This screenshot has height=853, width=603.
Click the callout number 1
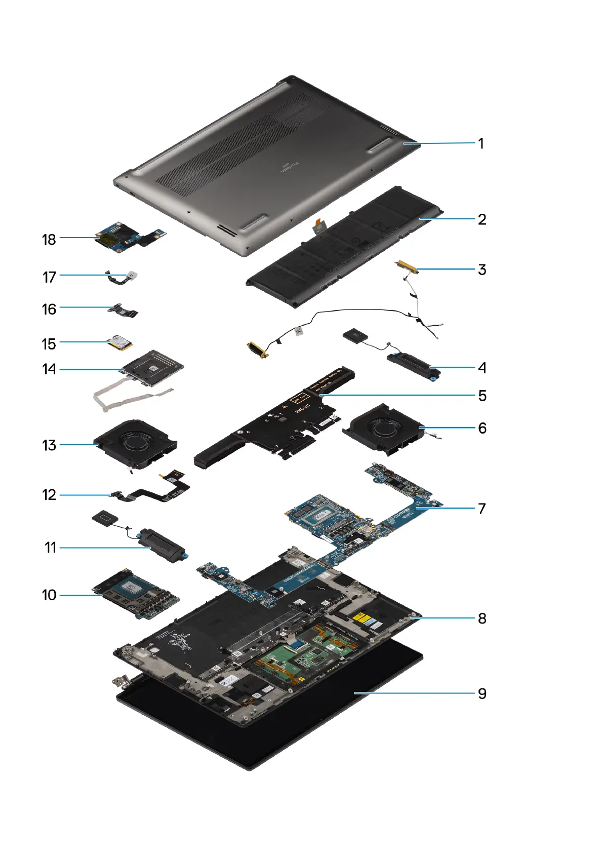pos(481,143)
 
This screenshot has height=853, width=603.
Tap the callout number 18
pos(49,239)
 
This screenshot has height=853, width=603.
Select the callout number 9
pos(482,693)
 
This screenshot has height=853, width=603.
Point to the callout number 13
pos(49,445)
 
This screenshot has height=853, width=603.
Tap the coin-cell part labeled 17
pos(133,276)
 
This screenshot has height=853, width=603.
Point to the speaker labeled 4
pos(413,366)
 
